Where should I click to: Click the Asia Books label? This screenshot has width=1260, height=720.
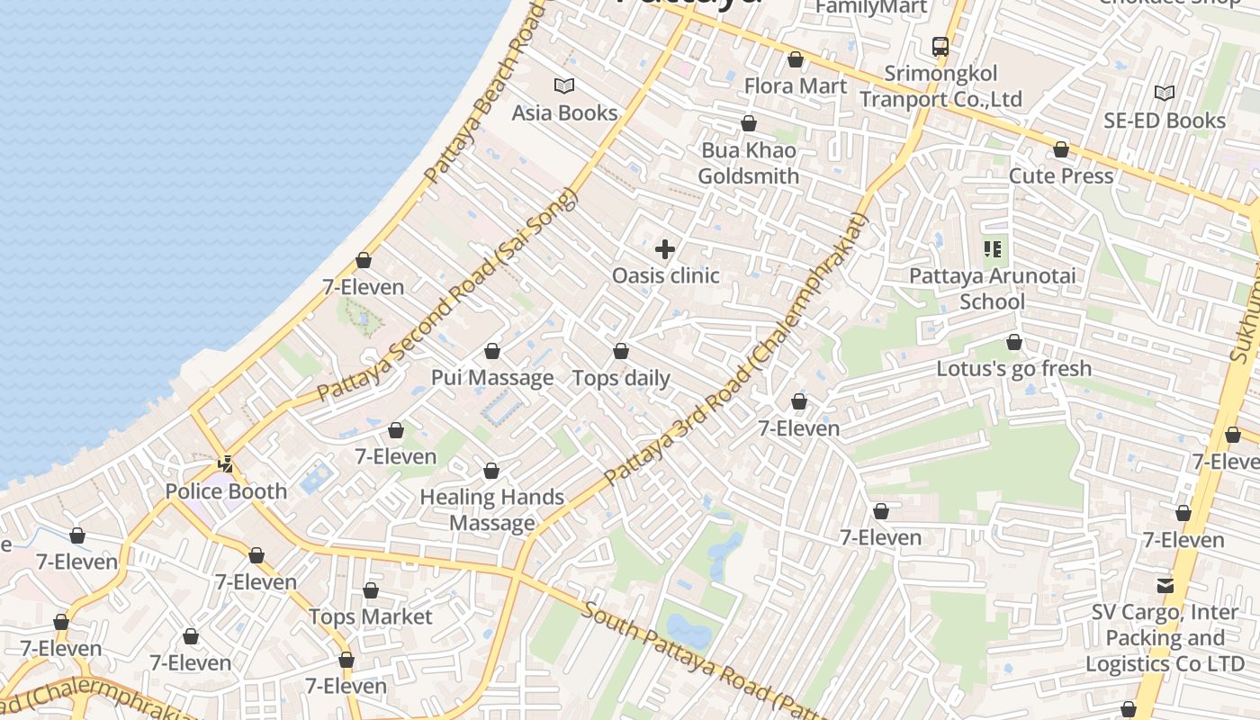564,113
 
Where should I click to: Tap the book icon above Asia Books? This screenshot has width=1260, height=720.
564,85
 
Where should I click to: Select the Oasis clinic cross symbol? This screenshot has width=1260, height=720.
665,249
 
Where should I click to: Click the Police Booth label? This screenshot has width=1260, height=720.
226,491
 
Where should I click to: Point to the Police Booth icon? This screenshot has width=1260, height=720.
226,464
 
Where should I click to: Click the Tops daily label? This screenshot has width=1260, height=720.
621,378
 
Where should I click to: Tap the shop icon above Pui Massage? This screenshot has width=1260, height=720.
492,351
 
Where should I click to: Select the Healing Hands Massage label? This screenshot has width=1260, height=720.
492,509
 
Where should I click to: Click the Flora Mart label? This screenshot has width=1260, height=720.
796,86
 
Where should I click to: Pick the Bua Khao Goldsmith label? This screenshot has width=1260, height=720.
749,163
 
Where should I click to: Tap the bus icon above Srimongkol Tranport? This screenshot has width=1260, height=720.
940,46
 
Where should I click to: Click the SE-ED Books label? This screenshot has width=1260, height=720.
1165,121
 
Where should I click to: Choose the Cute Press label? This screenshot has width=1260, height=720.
1061,176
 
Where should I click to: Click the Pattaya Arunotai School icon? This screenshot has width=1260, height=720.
993,249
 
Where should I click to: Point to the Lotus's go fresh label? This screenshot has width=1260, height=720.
1014,369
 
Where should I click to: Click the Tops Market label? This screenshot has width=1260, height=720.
371,617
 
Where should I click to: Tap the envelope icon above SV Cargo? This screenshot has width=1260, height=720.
1165,586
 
